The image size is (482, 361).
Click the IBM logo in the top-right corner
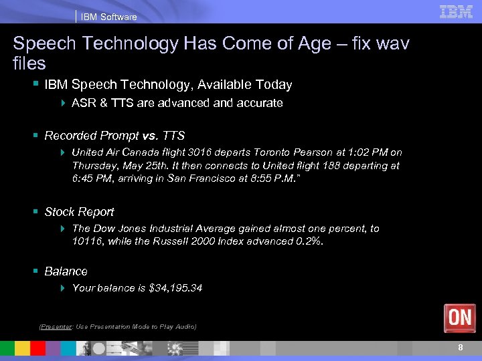(457, 11)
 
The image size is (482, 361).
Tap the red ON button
(460, 318)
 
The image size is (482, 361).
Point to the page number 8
(461, 348)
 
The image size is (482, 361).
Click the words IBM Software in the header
(108, 17)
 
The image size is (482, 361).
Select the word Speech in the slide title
(41, 44)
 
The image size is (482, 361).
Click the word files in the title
(29, 64)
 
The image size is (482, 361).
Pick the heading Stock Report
(79, 212)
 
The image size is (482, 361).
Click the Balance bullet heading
(66, 271)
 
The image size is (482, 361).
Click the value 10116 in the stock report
(87, 241)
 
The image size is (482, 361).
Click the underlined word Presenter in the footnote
(56, 327)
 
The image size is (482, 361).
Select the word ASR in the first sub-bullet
(84, 103)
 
